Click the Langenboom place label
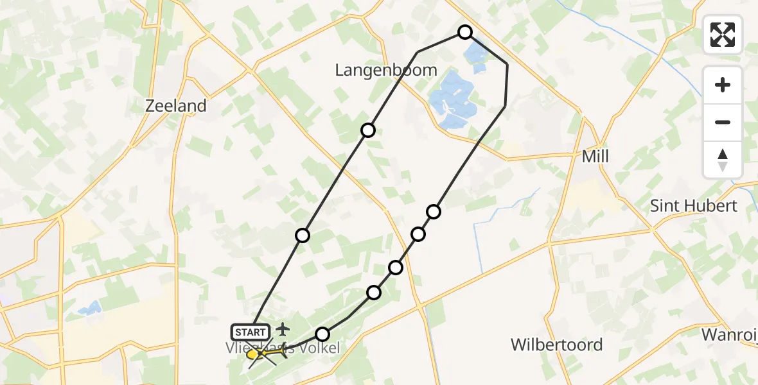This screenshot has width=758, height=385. coord(386,71)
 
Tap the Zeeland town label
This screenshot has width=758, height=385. coord(176,106)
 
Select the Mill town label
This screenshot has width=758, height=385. coord(594,157)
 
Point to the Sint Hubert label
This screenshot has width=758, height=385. coord(693,206)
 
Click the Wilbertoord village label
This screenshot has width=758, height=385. coord(556,345)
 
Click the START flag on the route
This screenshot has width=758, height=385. coord(250,332)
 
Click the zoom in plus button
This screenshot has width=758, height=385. coord(723,85)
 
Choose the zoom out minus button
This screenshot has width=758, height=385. coord(723,122)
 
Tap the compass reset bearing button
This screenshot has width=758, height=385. coord(723,159)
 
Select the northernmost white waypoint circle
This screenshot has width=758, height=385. coord(465,32)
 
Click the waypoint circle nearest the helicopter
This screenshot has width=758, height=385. coord(322,334)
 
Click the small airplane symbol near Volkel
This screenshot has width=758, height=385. coord(282,330)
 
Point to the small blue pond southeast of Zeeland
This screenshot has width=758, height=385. coord(89,310)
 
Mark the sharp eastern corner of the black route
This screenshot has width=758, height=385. coord(507,64)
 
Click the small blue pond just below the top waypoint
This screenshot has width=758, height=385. coord(477,56)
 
